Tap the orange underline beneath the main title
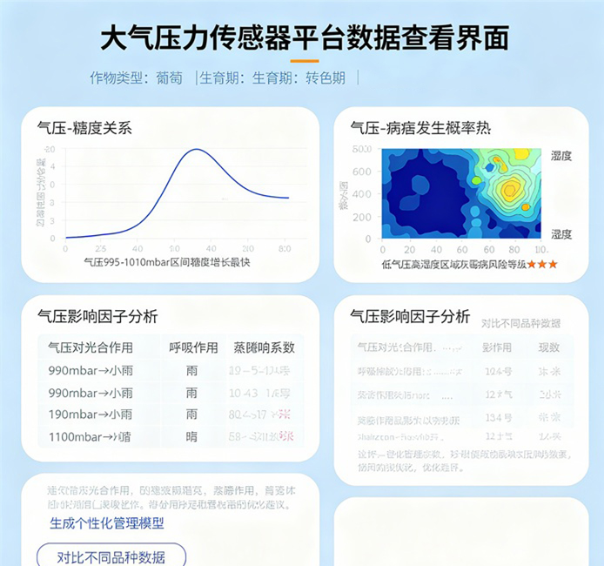click(x=304, y=62)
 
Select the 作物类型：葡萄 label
click(x=136, y=78)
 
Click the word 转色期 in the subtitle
click(x=325, y=78)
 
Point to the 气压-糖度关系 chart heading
click(x=84, y=128)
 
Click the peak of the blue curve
click(x=197, y=150)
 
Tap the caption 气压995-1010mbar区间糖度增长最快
click(x=166, y=262)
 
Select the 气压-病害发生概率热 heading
click(x=420, y=128)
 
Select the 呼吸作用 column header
click(x=193, y=347)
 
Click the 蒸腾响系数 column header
click(x=264, y=347)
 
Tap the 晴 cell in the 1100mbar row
click(x=192, y=436)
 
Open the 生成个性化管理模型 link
click(x=107, y=523)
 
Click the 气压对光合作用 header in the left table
click(x=91, y=347)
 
